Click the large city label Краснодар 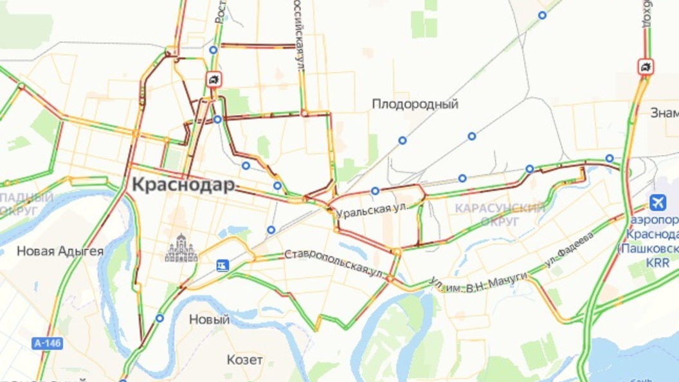183,185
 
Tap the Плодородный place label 415,104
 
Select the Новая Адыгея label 60,251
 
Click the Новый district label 209,320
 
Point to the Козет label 245,359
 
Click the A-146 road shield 47,343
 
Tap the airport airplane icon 658,203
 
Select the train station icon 222,265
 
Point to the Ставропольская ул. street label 334,262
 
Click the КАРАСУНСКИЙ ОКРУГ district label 500,214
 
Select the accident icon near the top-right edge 646,66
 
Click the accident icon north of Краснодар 213,79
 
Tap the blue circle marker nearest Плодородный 403,140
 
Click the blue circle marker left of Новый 159,318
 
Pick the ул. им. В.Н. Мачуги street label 479,282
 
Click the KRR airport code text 658,262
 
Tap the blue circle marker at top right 543,15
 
